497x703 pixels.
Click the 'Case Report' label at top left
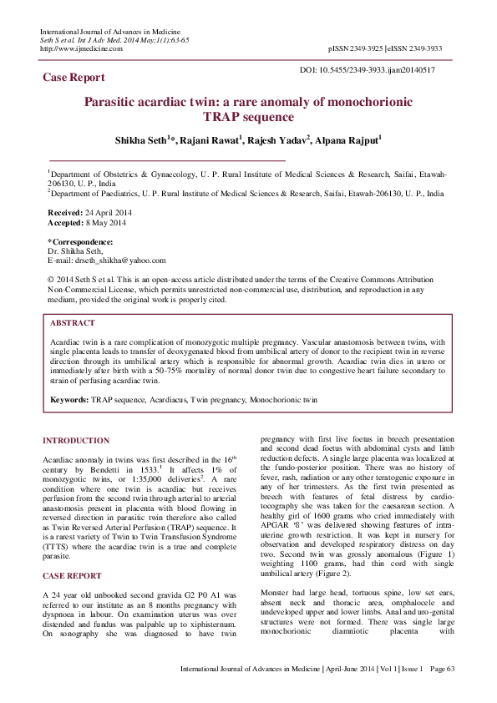tap(74, 78)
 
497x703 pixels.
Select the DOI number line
tap(367, 70)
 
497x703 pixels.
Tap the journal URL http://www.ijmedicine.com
tap(81, 48)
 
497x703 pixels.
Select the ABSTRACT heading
tap(73, 322)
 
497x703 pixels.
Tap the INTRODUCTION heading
tap(76, 440)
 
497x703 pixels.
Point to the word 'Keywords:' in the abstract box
tap(69, 400)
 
